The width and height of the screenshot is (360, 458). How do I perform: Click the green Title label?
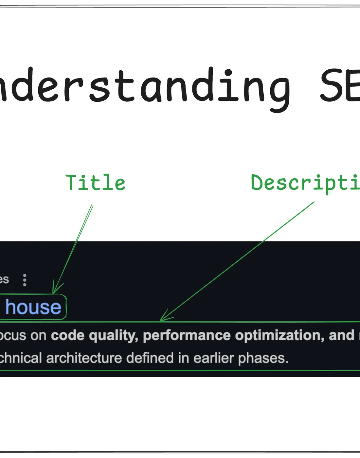click(x=95, y=183)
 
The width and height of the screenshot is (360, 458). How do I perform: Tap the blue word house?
click(x=33, y=307)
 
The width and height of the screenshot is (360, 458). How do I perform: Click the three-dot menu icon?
click(x=25, y=280)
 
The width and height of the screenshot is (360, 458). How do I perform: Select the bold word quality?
click(x=114, y=336)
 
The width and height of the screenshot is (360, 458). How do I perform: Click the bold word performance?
click(x=187, y=336)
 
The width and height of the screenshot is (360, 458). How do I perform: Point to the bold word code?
click(x=67, y=336)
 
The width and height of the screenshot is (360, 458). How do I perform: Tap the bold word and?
click(x=342, y=336)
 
